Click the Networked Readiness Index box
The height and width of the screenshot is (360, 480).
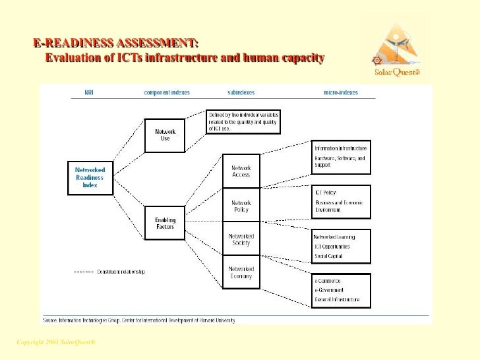pyautogui.click(x=90, y=177)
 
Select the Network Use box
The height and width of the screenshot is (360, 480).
pyautogui.click(x=165, y=135)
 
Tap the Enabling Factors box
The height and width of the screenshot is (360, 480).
pyautogui.click(x=165, y=223)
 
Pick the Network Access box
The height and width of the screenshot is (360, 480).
pyautogui.click(x=241, y=171)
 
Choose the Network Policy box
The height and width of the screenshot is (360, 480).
pyautogui.click(x=241, y=206)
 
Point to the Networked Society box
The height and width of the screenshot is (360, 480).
pyautogui.click(x=241, y=239)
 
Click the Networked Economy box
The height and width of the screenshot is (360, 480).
pyautogui.click(x=241, y=272)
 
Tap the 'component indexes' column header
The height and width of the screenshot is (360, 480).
pyautogui.click(x=167, y=93)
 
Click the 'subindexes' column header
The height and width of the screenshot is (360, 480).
pyautogui.click(x=241, y=93)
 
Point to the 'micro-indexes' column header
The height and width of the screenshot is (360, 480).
pyautogui.click(x=341, y=93)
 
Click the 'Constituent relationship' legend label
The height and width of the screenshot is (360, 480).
pyautogui.click(x=121, y=272)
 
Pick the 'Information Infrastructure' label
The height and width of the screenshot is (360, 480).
pyautogui.click(x=341, y=148)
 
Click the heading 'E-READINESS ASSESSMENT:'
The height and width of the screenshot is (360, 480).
pyautogui.click(x=116, y=44)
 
